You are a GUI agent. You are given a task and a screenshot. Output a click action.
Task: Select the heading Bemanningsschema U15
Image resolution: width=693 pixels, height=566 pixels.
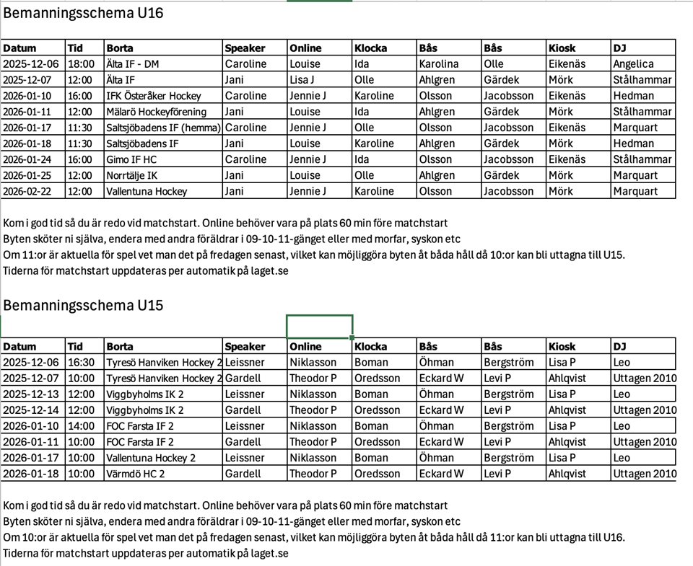tap(83, 305)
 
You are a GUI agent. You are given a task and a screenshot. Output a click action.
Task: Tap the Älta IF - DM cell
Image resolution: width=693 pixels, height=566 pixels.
tap(132, 64)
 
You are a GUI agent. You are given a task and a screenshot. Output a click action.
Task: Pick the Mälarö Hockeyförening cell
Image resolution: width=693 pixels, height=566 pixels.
tap(156, 112)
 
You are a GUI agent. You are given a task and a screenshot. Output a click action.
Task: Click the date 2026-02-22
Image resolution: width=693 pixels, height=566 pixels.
tap(32, 191)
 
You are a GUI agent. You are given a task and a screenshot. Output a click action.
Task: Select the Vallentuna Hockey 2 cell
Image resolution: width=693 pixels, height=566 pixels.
tap(151, 458)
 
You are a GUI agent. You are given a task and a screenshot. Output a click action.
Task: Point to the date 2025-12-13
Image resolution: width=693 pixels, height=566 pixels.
tap(32, 394)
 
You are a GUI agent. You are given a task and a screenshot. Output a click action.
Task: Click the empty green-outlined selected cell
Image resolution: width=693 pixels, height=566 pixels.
tap(319, 327)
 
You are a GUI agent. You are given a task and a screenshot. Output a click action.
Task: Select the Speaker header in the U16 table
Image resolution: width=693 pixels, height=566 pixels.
tap(245, 48)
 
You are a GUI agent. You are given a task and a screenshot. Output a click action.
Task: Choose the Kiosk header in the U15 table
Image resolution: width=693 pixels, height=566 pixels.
tap(562, 347)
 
